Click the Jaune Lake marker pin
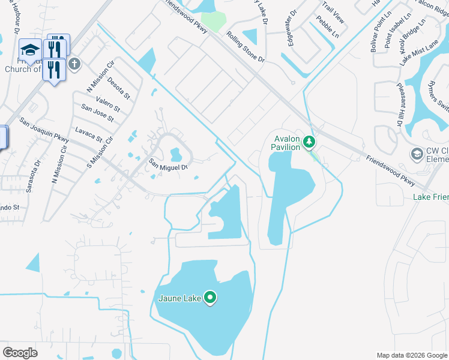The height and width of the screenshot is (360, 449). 210,297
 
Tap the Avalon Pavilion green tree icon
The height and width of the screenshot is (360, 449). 309,142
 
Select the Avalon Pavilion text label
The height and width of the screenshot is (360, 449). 285,142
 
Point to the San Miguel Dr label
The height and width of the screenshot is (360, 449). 169,164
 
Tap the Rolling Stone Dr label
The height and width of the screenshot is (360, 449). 246,48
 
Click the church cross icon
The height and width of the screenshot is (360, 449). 74,64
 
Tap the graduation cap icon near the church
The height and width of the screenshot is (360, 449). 29,49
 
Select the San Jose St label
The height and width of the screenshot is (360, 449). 97,113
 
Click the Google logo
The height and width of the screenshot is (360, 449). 20,353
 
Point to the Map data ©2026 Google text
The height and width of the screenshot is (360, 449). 411,355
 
